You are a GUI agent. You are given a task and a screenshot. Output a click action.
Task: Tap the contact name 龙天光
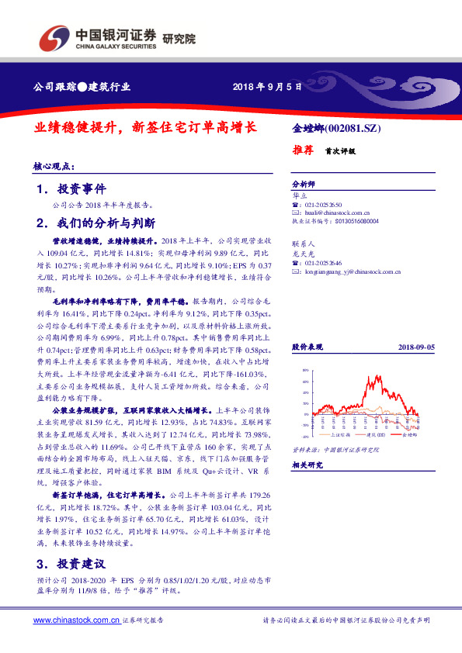coord(302,252)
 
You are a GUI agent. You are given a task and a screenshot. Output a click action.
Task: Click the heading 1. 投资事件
coord(71,188)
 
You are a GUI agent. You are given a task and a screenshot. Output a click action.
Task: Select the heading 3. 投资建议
coord(71,563)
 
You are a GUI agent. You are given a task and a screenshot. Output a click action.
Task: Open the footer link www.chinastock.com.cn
coord(76,620)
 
